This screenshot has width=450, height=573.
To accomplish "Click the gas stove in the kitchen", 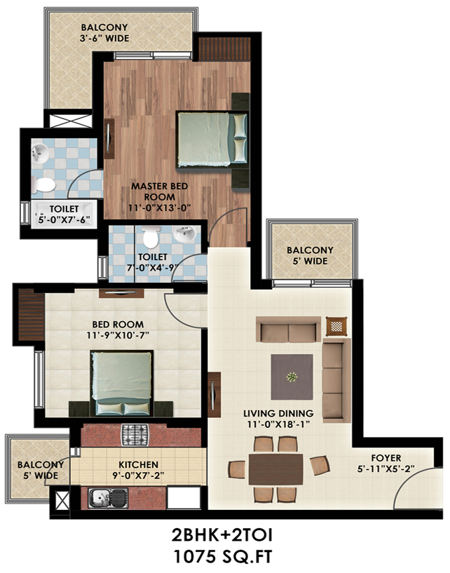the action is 135,436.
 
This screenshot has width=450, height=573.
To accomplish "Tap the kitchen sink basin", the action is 100,498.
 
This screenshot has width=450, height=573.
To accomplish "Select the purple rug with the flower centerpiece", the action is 292,377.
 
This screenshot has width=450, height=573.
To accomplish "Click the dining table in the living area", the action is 275,469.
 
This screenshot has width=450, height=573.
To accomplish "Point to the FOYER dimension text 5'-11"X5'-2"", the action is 386,468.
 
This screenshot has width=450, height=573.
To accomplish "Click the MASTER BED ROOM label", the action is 160,191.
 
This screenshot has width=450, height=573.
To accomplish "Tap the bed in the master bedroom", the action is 212,140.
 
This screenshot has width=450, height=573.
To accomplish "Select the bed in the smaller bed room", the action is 122,384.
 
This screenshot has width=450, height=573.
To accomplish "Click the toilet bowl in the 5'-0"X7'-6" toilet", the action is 43,184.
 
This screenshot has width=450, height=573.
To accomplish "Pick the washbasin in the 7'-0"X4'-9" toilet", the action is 184,234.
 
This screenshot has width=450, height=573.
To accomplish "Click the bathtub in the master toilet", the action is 64,214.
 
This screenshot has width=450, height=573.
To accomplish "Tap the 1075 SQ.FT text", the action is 222,558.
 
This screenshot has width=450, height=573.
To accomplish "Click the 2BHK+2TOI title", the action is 222,536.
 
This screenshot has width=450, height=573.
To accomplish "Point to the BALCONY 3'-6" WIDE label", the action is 104,32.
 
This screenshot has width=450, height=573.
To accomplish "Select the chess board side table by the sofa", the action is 336,326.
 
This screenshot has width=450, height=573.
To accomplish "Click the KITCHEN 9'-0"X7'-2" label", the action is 138,470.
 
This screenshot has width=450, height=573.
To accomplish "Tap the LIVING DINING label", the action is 279,413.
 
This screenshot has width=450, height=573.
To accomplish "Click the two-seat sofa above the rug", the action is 288,329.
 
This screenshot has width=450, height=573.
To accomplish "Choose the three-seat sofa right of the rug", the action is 336,380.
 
